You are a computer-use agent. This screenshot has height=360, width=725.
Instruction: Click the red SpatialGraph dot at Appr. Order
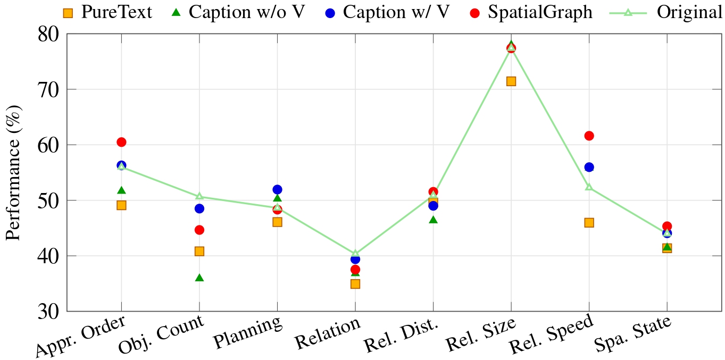pyautogui.click(x=121, y=142)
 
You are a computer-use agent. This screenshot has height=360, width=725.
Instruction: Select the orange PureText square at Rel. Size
pyautogui.click(x=511, y=81)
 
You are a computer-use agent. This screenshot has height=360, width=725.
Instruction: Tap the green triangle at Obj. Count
pyautogui.click(x=199, y=278)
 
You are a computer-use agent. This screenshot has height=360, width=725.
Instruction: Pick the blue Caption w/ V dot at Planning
pyautogui.click(x=277, y=189)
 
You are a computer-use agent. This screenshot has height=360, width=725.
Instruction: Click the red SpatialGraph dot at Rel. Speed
pyautogui.click(x=589, y=136)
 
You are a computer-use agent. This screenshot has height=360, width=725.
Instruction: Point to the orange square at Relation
pyautogui.click(x=355, y=284)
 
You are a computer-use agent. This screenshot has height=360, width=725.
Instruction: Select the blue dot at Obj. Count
pyautogui.click(x=199, y=208)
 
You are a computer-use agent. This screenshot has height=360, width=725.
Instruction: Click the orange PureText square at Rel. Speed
pyautogui.click(x=589, y=223)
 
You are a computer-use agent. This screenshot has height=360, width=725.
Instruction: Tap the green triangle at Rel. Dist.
pyautogui.click(x=433, y=220)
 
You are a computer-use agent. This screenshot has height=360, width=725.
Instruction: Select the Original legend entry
pyautogui.click(x=689, y=12)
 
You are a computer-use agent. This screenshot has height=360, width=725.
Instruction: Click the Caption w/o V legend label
pyautogui.click(x=246, y=12)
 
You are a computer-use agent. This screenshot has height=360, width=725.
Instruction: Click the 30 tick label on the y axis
pyautogui.click(x=48, y=312)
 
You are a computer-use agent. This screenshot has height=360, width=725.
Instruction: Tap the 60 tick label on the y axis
pyautogui.click(x=48, y=145)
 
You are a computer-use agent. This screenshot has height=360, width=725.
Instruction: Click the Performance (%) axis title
pyautogui.click(x=13, y=173)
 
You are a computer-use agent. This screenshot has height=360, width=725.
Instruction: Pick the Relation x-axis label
pyautogui.click(x=328, y=334)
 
